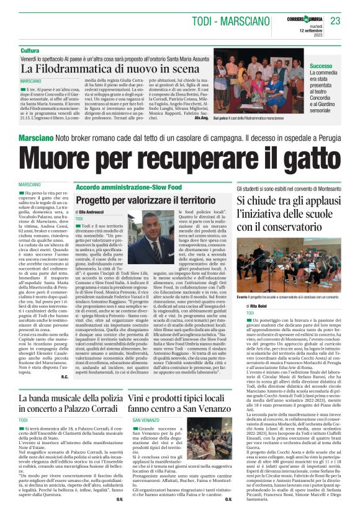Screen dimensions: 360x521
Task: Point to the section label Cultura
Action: click(x=29, y=50)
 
